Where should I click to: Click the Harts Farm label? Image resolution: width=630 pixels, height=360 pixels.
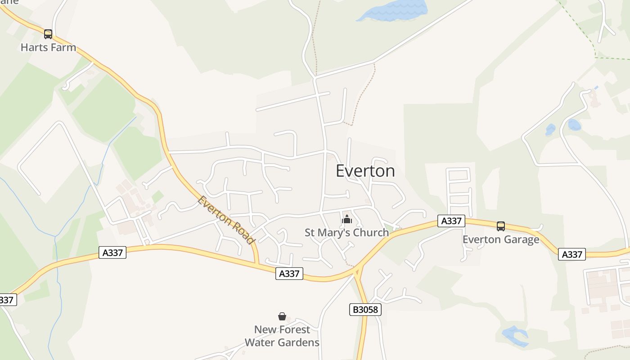pyautogui.click(x=48, y=47)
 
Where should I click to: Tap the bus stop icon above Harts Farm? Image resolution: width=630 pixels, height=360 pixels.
pyautogui.click(x=48, y=34)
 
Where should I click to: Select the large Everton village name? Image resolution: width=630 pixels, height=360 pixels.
pyautogui.click(x=365, y=171)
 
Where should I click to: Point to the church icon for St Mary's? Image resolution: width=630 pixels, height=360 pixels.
pyautogui.click(x=347, y=220)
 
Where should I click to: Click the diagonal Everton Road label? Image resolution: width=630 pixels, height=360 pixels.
pyautogui.click(x=226, y=220)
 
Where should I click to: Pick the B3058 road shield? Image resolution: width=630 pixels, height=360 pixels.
pyautogui.click(x=365, y=310)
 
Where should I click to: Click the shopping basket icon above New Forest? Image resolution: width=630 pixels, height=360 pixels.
pyautogui.click(x=282, y=316)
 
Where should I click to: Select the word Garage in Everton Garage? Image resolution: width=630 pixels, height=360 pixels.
pyautogui.click(x=522, y=239)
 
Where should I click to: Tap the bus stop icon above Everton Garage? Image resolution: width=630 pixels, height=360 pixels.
pyautogui.click(x=501, y=226)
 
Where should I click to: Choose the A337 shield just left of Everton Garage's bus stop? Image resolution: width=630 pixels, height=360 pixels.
pyautogui.click(x=451, y=221)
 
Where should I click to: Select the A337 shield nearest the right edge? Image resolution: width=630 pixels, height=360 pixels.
pyautogui.click(x=572, y=254)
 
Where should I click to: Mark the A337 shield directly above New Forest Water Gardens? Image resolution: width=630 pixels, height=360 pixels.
pyautogui.click(x=289, y=273)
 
